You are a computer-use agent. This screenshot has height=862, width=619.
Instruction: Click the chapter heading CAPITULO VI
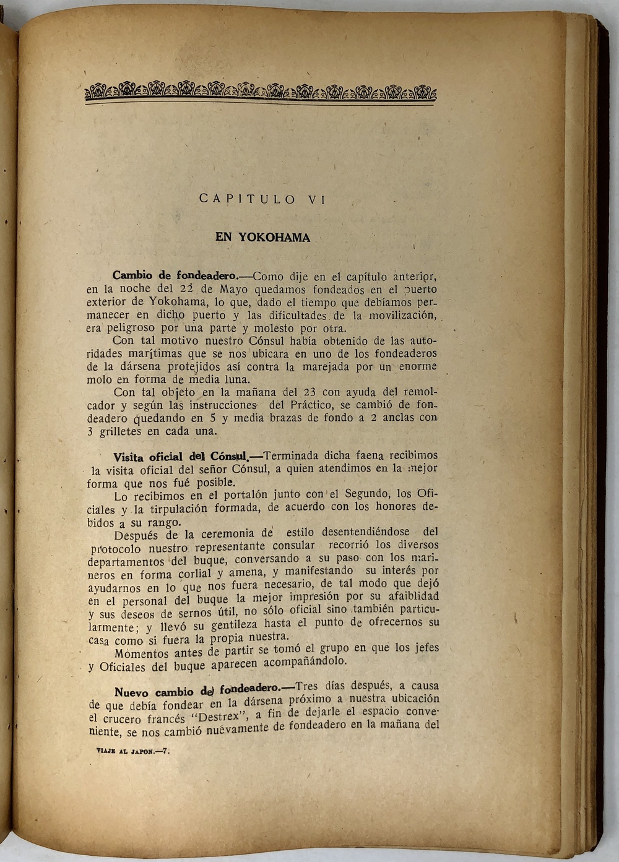262,199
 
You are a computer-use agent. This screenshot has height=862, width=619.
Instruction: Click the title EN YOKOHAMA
262,238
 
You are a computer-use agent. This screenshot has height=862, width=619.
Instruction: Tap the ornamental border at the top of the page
260,92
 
